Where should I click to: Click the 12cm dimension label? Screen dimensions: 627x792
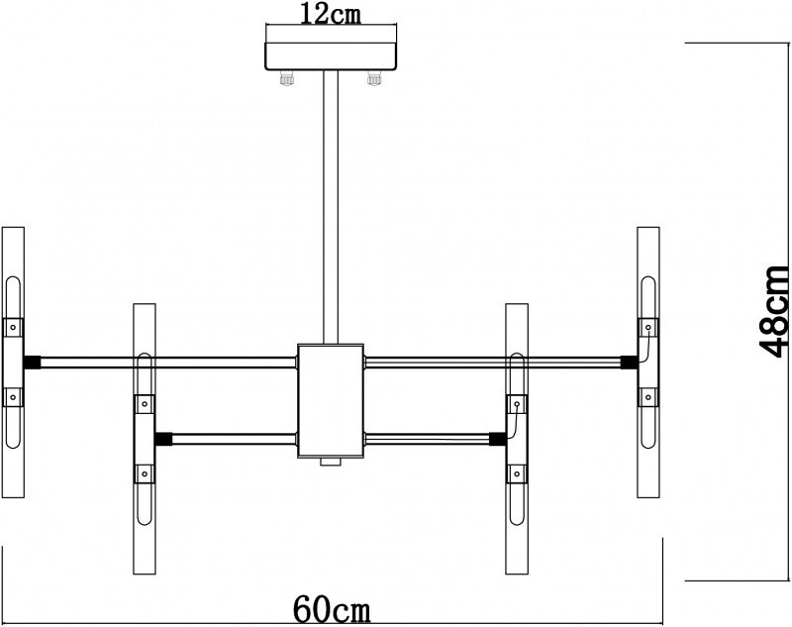click(331, 13)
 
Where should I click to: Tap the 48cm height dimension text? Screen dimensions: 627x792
click(773, 310)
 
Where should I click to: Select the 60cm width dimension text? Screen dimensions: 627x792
click(333, 608)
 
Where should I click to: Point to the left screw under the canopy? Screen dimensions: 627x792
click(289, 78)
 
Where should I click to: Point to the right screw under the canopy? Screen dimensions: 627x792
click(373, 78)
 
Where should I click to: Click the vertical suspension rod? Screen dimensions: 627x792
click(331, 208)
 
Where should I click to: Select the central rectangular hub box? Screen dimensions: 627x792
click(331, 400)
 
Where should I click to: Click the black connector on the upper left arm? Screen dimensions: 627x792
click(33, 362)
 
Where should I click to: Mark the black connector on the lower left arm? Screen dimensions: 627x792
click(164, 437)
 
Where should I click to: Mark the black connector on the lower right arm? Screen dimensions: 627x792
click(498, 437)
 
